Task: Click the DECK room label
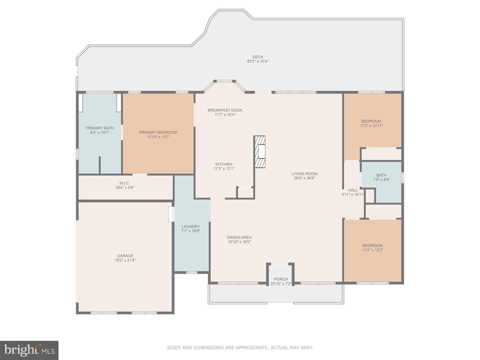point(258,57)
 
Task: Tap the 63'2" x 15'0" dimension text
point(258,61)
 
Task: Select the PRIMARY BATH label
point(100,128)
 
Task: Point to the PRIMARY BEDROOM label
point(158,132)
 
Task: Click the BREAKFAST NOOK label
point(225,110)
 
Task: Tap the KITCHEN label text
point(224,164)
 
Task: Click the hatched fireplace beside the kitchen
point(260,151)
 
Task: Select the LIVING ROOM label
point(304,173)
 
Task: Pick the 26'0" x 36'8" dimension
point(304,178)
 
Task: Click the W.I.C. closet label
point(124,183)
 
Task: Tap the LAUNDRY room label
point(190,226)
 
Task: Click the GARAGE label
point(125,256)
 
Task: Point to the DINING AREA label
point(239,237)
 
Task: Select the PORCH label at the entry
point(281,279)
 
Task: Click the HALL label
point(353,190)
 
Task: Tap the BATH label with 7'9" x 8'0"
point(381,175)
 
